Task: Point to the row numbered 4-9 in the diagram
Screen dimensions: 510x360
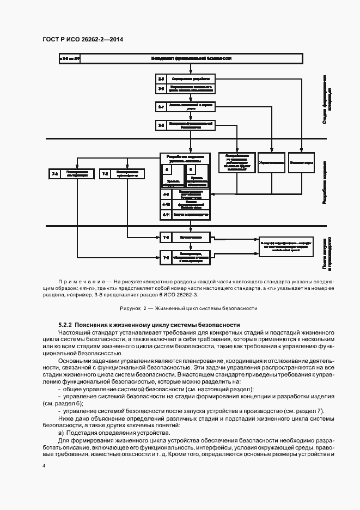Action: (184, 193)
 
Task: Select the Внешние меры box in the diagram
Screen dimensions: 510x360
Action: (301, 162)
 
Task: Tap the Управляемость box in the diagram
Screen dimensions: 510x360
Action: (271, 162)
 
